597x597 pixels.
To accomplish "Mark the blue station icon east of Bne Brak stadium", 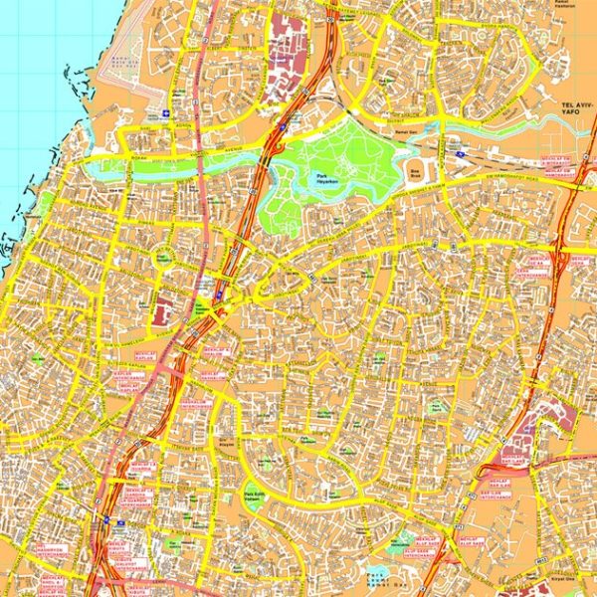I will pyautogui.click(x=461, y=154).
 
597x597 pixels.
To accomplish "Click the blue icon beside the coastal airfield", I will pyautogui.click(x=165, y=113).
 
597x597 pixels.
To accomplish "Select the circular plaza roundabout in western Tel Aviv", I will pyautogui.click(x=162, y=257).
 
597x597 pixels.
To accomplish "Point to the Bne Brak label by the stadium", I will pyautogui.click(x=415, y=170).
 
